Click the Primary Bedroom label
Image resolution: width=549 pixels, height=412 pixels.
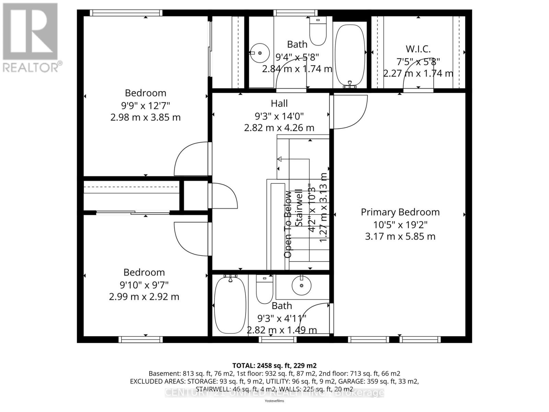point(400,212)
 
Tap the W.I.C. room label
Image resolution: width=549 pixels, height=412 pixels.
point(418,49)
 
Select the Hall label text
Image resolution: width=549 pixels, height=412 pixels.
point(279,103)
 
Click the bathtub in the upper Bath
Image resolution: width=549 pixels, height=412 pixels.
point(350,54)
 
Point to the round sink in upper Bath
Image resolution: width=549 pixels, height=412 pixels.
point(260,53)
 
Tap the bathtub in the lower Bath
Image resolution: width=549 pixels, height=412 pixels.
point(230,305)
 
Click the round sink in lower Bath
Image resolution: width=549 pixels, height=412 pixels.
point(302,285)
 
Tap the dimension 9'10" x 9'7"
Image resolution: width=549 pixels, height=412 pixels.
point(144,285)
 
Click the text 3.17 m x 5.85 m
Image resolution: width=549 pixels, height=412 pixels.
point(400,237)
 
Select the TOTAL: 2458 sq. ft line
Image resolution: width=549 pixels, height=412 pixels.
point(274,365)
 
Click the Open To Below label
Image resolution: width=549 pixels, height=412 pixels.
point(288,224)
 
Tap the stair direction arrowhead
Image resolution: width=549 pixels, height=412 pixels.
point(279,159)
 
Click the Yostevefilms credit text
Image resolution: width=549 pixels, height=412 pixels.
point(274,401)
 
